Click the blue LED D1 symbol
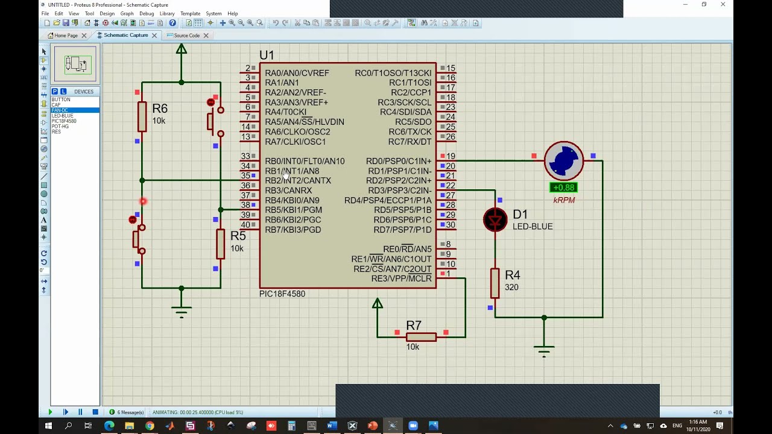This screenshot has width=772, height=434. (x=495, y=220)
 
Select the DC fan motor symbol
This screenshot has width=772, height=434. (x=564, y=161)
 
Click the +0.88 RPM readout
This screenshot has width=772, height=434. (x=564, y=187)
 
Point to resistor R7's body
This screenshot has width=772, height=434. (x=421, y=337)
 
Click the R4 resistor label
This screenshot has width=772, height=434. (x=512, y=275)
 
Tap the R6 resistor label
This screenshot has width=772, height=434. (x=160, y=108)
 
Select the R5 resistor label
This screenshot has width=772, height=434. (x=238, y=236)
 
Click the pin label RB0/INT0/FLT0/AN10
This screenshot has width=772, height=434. (x=305, y=162)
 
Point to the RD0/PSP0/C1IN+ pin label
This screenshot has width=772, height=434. (x=399, y=162)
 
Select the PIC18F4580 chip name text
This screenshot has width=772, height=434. (x=282, y=294)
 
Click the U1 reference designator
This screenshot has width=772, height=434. (x=267, y=55)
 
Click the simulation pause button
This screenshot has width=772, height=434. (x=80, y=412)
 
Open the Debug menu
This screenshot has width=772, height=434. (x=147, y=13)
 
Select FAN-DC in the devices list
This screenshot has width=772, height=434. (x=60, y=110)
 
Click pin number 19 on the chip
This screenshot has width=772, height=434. (x=451, y=156)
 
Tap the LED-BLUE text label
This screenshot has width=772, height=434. (x=533, y=227)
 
